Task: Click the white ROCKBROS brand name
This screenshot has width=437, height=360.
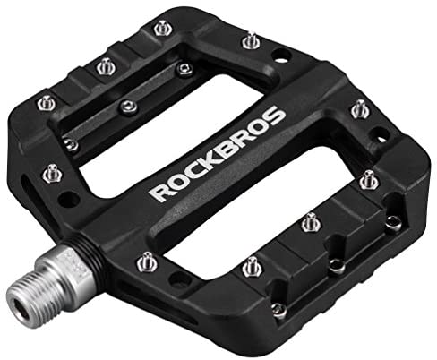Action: point(217,153)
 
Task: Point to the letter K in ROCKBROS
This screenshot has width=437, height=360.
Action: point(212,158)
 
